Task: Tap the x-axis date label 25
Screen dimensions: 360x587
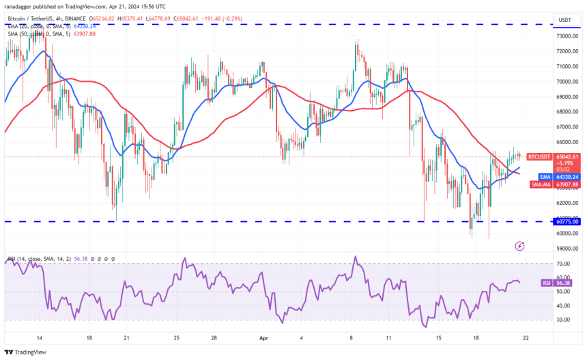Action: [176, 337]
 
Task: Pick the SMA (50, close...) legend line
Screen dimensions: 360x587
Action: [48, 33]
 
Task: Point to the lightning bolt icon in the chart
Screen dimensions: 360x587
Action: [520, 245]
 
